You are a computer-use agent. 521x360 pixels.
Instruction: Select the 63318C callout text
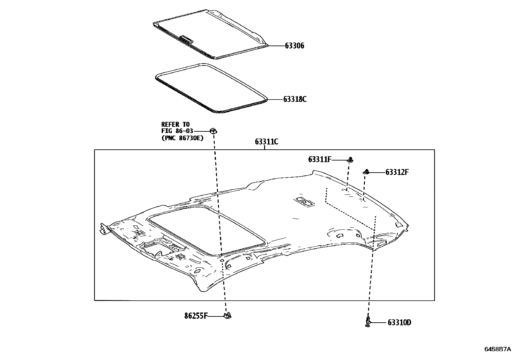tap(295, 99)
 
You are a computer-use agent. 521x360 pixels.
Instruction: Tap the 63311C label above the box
tap(266, 142)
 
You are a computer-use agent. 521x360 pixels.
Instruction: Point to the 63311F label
tap(320, 160)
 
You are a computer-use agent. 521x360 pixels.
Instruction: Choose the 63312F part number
tap(397, 172)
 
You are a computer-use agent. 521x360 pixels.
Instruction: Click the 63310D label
tap(399, 323)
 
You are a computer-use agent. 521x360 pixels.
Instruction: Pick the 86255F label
tap(196, 316)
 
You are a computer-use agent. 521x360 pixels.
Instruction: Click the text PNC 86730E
tap(182, 138)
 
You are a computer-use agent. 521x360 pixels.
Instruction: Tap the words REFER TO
tap(175, 124)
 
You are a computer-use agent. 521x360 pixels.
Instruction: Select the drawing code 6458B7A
tap(497, 349)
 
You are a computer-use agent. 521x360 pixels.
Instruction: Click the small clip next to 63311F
tap(350, 160)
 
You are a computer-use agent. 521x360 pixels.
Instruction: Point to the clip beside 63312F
tap(367, 172)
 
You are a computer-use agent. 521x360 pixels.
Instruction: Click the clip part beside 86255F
tap(227, 315)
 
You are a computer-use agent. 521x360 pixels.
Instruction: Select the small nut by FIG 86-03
tap(213, 131)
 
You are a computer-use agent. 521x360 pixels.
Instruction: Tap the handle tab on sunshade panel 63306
tap(187, 40)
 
